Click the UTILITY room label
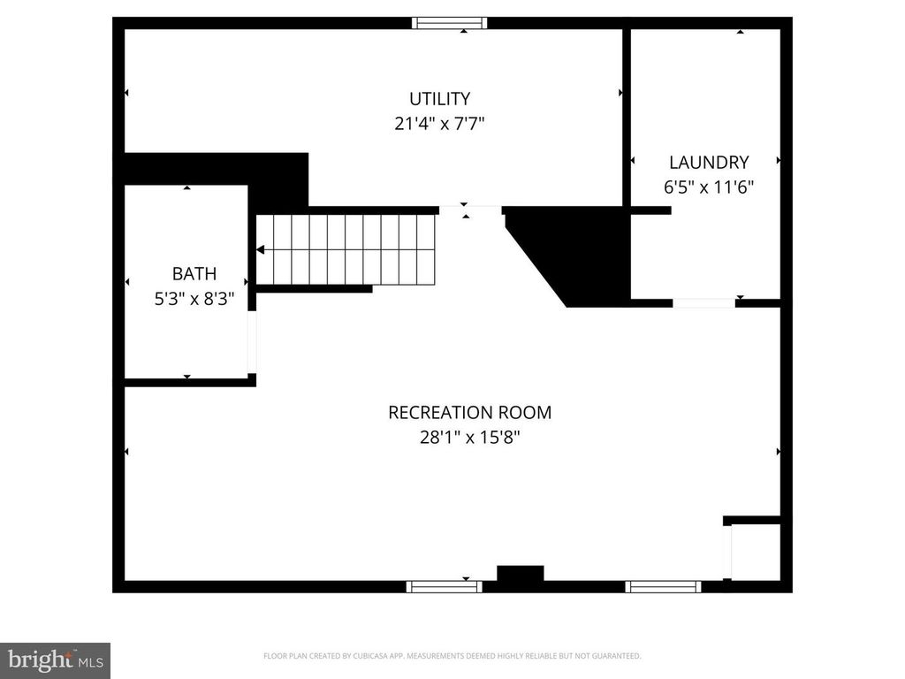(x=439, y=99)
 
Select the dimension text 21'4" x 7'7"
(x=439, y=124)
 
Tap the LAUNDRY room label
(x=708, y=163)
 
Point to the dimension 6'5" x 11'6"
(x=708, y=187)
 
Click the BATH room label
(x=194, y=274)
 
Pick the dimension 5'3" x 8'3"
(x=194, y=299)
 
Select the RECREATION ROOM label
(x=469, y=412)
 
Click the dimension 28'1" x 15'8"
(x=469, y=437)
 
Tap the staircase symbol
(x=346, y=249)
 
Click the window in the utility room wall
(x=450, y=23)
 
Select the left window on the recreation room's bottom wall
(x=444, y=586)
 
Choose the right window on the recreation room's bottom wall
(x=663, y=586)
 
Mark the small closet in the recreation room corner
(x=755, y=553)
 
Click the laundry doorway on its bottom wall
(x=703, y=303)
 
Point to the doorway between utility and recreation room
(x=470, y=210)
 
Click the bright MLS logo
(x=55, y=660)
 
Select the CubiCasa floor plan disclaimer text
(x=452, y=656)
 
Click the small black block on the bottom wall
(x=520, y=575)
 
